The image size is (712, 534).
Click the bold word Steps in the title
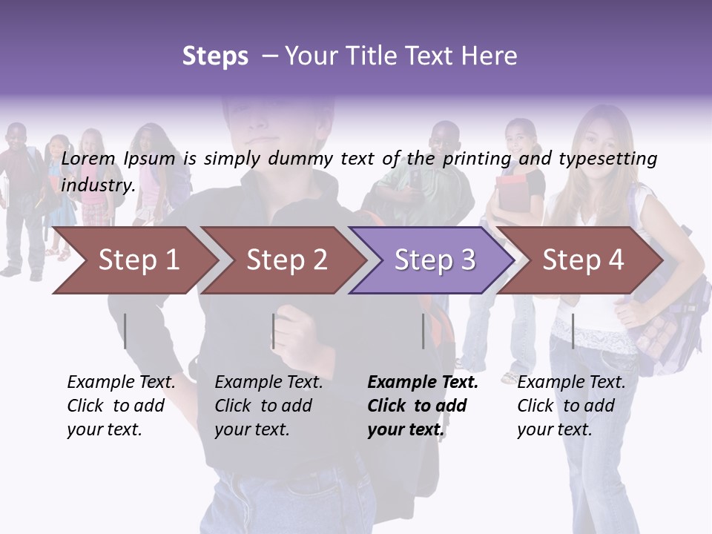(215, 56)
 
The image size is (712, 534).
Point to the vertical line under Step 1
(125, 331)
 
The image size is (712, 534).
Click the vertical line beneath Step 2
(274, 331)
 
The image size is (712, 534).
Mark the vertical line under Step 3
(423, 331)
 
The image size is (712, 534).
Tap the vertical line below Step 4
(573, 331)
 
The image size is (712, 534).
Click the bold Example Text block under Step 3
(423, 406)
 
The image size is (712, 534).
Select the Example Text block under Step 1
(121, 406)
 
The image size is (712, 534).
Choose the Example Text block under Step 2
(268, 406)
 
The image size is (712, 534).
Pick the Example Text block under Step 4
(571, 406)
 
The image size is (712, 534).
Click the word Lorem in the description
(88, 158)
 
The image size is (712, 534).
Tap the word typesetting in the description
(607, 158)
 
